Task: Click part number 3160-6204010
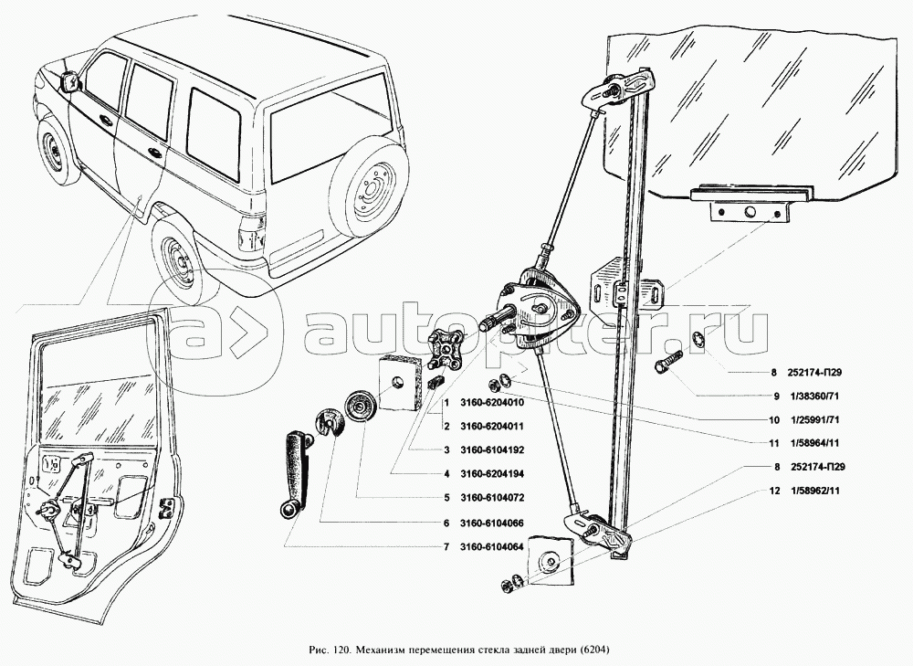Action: pos(492,403)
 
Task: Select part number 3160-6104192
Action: pos(492,449)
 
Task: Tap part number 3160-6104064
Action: pos(492,546)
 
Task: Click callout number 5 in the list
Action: pos(446,498)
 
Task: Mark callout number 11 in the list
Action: pos(774,443)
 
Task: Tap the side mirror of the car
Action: pos(70,81)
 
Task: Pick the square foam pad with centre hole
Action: pos(398,384)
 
